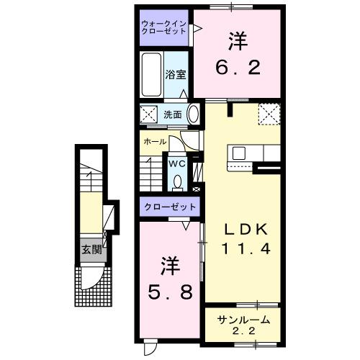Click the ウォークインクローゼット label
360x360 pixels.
pyautogui.click(x=164, y=27)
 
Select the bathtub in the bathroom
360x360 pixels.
pyautogui.click(x=150, y=73)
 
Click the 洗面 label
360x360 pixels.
pyautogui.click(x=171, y=114)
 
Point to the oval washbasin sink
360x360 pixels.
pyautogui.click(x=194, y=114)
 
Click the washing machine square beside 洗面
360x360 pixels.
pyautogui.click(x=149, y=114)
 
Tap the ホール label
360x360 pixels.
pyautogui.click(x=155, y=142)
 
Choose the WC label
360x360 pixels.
pyautogui.click(x=177, y=163)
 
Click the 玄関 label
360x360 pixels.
pyautogui.click(x=91, y=251)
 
